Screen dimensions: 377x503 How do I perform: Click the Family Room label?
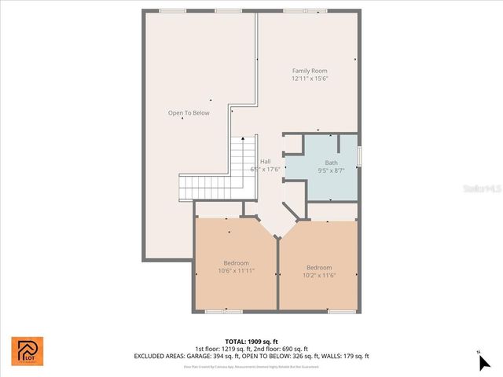pyautogui.click(x=309, y=71)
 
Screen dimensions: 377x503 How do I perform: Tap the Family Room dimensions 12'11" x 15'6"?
pyautogui.click(x=309, y=79)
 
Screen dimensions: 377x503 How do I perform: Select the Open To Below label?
pyautogui.click(x=189, y=113)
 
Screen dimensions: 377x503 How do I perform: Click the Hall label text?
pyautogui.click(x=266, y=162)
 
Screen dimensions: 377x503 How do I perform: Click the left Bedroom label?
pyautogui.click(x=236, y=263)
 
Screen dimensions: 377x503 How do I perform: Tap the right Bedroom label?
pyautogui.click(x=319, y=267)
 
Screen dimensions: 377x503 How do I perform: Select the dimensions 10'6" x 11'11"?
pyautogui.click(x=236, y=271)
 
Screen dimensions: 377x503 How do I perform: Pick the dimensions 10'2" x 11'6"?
pyautogui.click(x=319, y=275)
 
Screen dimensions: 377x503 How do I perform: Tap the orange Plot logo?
pyautogui.click(x=28, y=351)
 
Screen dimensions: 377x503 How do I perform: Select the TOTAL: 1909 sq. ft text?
pyautogui.click(x=251, y=342)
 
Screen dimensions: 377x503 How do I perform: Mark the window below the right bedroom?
pyautogui.click(x=339, y=312)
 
